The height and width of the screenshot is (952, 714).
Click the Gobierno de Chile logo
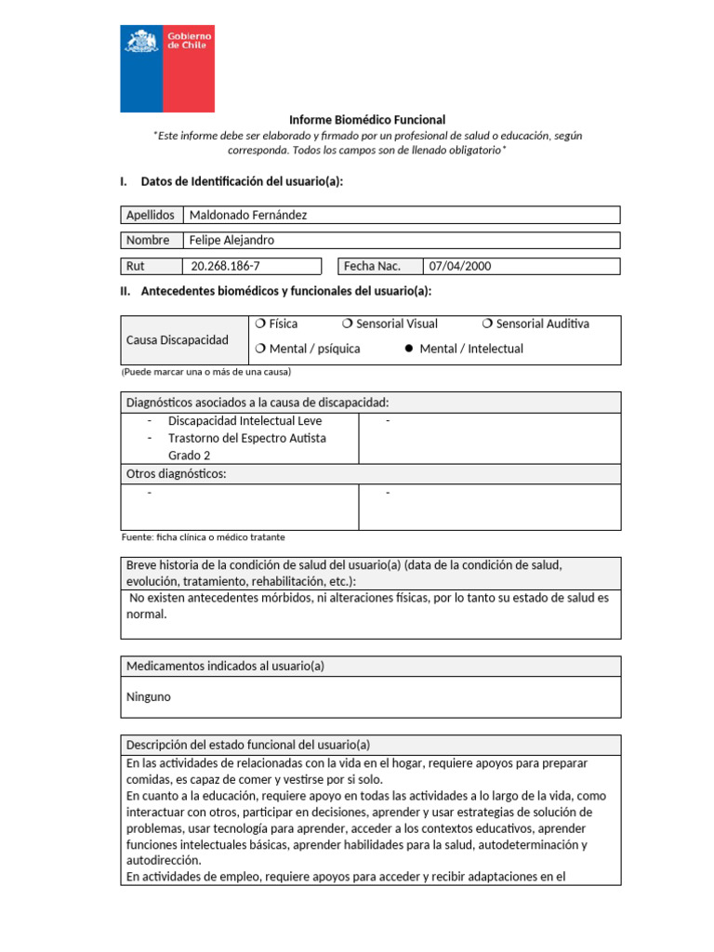click(x=167, y=69)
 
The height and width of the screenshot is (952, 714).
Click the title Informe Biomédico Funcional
click(x=367, y=120)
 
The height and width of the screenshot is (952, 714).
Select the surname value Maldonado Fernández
click(x=247, y=215)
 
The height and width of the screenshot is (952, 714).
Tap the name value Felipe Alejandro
click(x=231, y=240)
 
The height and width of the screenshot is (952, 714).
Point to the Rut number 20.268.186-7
click(x=225, y=266)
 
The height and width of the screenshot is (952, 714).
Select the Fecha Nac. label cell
click(x=372, y=266)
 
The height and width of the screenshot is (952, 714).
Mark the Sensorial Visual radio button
click(x=347, y=324)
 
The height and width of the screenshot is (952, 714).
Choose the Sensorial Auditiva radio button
click(x=488, y=324)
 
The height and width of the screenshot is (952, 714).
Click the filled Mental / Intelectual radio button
click(x=407, y=350)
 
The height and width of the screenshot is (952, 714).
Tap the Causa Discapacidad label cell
click(x=177, y=340)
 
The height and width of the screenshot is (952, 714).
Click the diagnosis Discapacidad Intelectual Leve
click(x=245, y=421)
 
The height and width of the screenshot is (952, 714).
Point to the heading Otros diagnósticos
click(x=176, y=474)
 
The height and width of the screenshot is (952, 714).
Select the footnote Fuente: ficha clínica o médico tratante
click(x=203, y=537)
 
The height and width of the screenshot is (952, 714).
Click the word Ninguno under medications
click(x=148, y=696)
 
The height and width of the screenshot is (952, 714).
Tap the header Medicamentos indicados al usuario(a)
click(x=224, y=666)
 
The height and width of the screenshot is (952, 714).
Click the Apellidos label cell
click(x=151, y=215)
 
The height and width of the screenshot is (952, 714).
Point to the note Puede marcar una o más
click(x=205, y=372)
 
